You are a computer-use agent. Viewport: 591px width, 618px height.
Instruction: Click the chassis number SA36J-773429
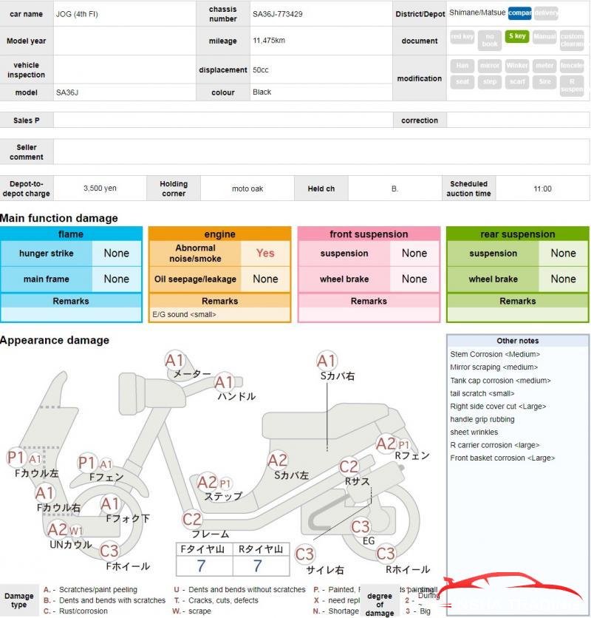tap(277, 14)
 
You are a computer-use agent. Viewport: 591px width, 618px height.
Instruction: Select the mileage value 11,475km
tap(269, 41)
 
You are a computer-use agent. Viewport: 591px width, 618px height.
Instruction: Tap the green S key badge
tap(516, 36)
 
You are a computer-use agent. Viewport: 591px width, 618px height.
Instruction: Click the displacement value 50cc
tap(261, 70)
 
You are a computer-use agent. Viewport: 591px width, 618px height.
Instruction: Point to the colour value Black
tap(262, 92)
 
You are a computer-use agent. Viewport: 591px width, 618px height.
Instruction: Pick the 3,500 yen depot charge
tap(100, 189)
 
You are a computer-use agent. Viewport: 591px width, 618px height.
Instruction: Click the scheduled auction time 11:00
tap(542, 189)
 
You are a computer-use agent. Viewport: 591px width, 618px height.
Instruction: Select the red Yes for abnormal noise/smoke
tap(265, 253)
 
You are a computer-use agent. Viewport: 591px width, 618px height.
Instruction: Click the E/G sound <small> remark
tap(184, 314)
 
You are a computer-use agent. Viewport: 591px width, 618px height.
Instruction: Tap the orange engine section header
tap(219, 234)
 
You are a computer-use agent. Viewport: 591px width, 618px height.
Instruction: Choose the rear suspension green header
tap(517, 234)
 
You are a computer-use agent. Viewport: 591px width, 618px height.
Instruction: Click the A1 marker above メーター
tap(174, 361)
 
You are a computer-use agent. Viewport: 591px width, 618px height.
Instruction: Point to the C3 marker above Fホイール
tap(109, 551)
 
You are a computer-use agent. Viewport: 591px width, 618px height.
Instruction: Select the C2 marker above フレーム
tap(192, 519)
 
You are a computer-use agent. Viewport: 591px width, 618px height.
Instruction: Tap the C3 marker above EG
tap(361, 526)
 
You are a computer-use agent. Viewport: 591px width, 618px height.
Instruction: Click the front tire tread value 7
tap(201, 566)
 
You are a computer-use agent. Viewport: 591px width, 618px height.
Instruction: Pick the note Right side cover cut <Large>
tap(499, 407)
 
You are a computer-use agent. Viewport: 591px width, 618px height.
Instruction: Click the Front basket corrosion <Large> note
tap(502, 458)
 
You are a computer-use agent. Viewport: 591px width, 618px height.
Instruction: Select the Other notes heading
tap(517, 341)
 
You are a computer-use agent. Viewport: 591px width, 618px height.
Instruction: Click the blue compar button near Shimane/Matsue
tap(519, 13)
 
